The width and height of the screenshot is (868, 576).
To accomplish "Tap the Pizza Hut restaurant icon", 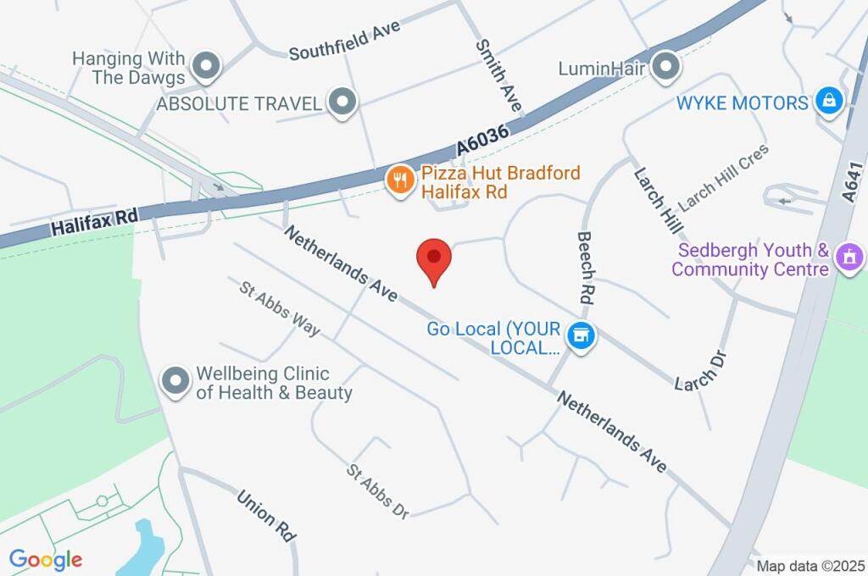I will point(398,179).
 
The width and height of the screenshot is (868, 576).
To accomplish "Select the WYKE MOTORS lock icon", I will point(827,102).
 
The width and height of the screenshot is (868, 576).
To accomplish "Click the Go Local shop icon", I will point(581,335).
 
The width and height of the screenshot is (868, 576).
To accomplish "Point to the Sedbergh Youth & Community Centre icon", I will point(849,256).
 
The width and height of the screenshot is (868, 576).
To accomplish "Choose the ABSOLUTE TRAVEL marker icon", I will point(343,102).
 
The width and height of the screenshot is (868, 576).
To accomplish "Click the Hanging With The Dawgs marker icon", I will point(206,65).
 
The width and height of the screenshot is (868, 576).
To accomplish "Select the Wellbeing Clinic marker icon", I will point(175,381).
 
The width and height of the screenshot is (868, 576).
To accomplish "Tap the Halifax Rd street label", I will point(93,223).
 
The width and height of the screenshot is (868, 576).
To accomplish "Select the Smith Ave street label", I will point(498,77).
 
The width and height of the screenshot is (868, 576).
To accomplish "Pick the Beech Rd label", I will point(586,269).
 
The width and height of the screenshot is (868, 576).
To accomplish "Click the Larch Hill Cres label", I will point(723,178).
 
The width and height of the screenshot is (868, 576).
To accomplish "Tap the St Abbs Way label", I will point(280,308).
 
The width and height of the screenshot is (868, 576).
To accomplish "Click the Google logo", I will point(46,560).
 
